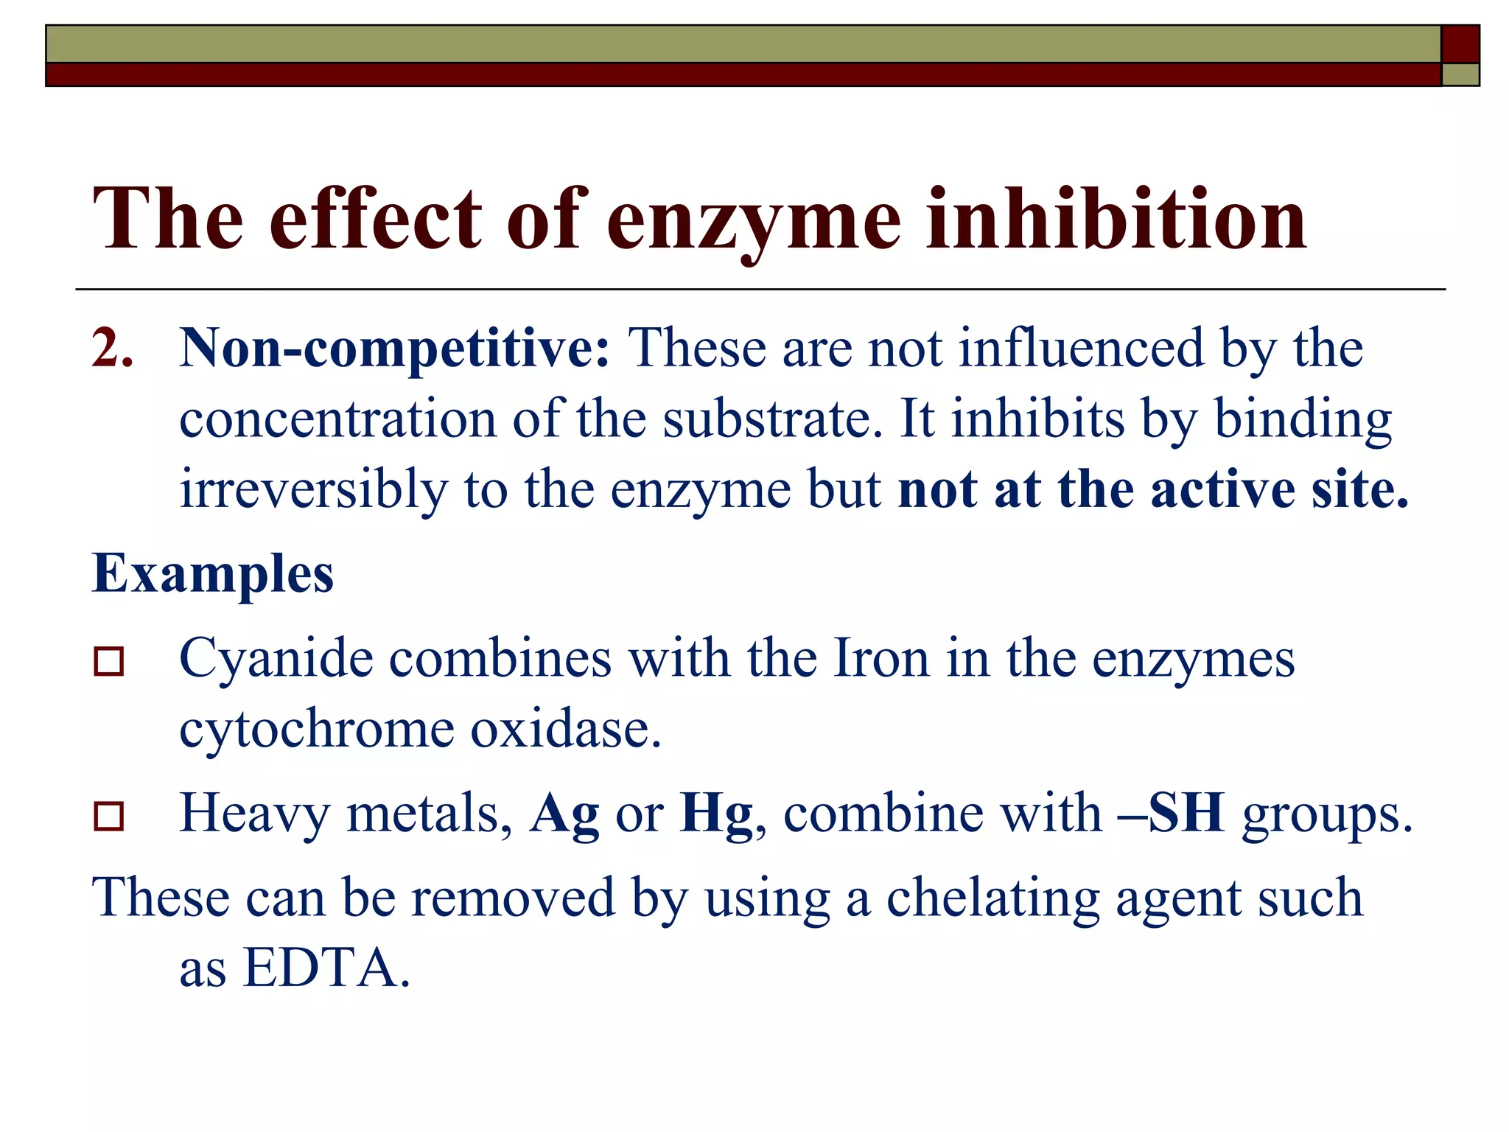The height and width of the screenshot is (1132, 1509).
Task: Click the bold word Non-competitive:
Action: point(395,349)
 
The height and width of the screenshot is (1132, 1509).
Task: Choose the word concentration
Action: point(337,419)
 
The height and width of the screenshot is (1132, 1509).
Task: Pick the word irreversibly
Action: point(314,490)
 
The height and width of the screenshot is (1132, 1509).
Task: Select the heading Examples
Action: point(213,573)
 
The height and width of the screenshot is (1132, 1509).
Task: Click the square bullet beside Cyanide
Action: point(109,661)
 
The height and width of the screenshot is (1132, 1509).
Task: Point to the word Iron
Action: point(880,657)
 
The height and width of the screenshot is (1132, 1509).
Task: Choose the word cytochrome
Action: point(317,729)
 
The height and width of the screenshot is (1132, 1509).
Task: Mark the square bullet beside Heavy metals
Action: point(109,816)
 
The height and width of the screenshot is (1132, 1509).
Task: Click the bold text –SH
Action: point(1171,813)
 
